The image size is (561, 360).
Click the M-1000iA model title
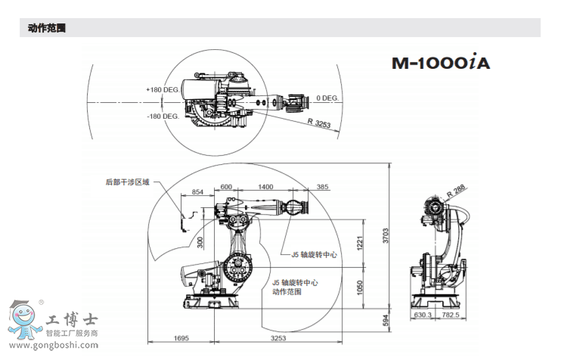(x=440, y=63)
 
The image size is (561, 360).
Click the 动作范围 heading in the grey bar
(x=47, y=28)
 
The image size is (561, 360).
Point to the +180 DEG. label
(x=163, y=89)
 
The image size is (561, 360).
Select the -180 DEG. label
(x=163, y=116)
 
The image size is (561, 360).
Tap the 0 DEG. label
(x=327, y=98)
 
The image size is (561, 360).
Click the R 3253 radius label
(x=320, y=123)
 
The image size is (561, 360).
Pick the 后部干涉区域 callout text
(x=128, y=182)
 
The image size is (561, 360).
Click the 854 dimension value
(x=198, y=192)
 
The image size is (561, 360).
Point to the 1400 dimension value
(x=265, y=187)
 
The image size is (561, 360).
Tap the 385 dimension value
(x=323, y=187)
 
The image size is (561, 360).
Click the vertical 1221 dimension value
(x=361, y=243)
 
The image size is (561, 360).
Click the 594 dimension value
(x=386, y=321)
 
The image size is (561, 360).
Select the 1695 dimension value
(x=181, y=338)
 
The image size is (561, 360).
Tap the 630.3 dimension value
(x=423, y=315)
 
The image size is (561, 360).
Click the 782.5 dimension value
(x=451, y=315)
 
